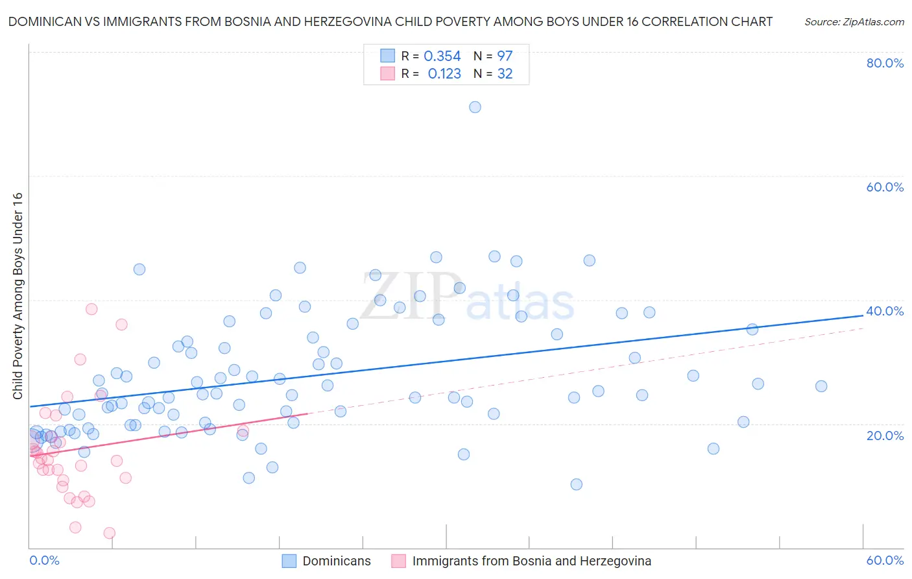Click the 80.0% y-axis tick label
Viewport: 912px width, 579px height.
[885, 63]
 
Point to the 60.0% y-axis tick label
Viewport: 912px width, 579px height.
[885, 187]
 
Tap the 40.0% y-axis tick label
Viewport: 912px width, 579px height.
[885, 311]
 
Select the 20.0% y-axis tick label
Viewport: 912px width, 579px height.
[885, 435]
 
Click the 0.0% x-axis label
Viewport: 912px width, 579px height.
[44, 560]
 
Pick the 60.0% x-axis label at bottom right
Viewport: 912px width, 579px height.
[885, 560]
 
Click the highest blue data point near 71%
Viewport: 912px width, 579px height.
[475, 107]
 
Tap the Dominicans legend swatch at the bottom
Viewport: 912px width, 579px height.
[289, 561]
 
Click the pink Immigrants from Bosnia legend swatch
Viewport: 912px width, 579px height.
[398, 561]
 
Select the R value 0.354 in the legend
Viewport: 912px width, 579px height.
[442, 56]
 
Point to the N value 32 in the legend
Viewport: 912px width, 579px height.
[505, 74]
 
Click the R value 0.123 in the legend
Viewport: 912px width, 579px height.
[444, 74]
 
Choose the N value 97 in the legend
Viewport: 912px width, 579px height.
[505, 56]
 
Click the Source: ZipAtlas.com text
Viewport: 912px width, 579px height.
[854, 22]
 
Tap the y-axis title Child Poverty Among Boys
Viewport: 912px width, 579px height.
[18, 296]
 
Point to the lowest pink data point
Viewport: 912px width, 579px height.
[110, 533]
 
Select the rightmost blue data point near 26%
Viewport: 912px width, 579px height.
[821, 386]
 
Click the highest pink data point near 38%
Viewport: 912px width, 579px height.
[91, 309]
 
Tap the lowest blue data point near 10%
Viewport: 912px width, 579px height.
[576, 484]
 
